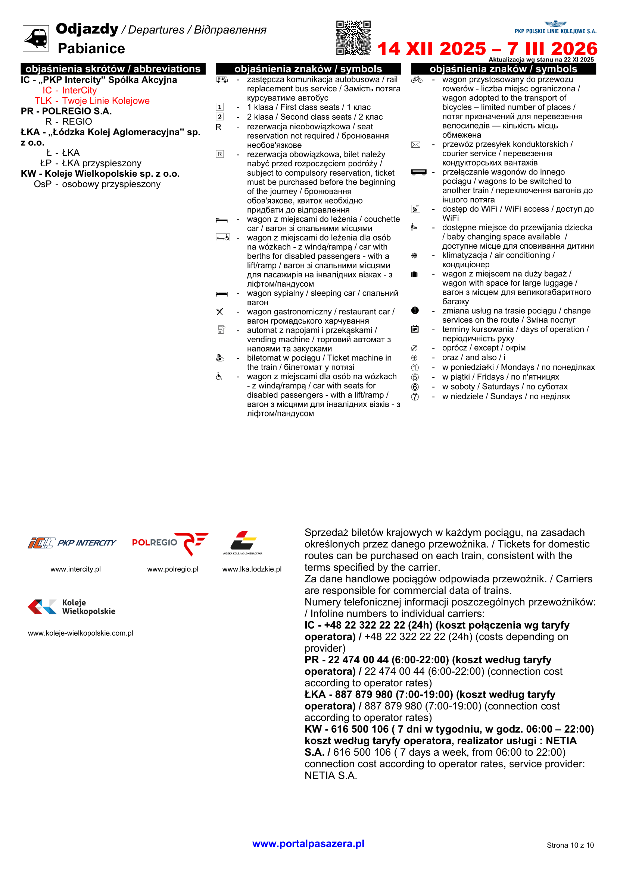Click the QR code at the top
coord(353,38)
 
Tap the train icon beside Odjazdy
coord(36,38)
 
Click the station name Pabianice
coord(91,48)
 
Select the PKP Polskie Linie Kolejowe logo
coord(555,28)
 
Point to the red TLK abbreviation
coord(43,101)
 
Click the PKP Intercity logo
coord(72,543)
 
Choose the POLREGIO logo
coord(170,543)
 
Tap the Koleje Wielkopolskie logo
coord(72,607)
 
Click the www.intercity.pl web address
coord(76,569)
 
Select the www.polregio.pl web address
coord(172,569)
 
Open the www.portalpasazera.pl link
coord(308,844)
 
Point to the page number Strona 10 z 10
coord(570,845)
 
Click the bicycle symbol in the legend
coord(417,80)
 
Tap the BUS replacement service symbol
coord(222,80)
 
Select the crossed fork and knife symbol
coord(220,312)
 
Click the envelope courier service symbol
coord(416,145)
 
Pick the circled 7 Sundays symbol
coord(415,397)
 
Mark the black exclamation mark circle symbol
coord(415,311)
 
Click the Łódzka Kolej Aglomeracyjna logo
coord(243,543)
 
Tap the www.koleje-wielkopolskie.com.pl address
coord(81,633)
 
